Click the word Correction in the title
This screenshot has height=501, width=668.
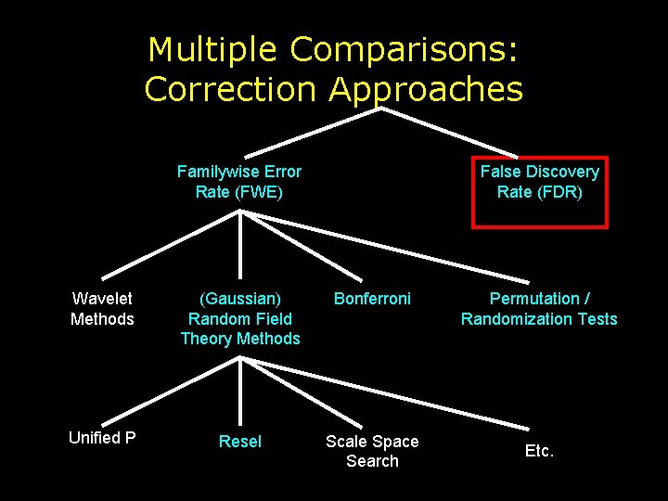click(x=229, y=90)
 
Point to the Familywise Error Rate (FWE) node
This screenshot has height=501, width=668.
click(x=239, y=182)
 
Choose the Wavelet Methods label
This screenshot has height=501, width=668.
click(x=102, y=309)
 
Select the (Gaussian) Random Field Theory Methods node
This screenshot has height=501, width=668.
click(x=240, y=318)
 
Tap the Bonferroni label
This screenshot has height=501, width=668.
click(x=372, y=299)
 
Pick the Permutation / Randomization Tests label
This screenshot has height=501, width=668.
click(x=539, y=309)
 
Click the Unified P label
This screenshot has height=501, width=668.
click(x=102, y=438)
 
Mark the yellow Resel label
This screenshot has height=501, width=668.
click(x=240, y=442)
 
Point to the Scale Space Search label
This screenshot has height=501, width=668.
click(x=372, y=451)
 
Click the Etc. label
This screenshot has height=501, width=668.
click(x=539, y=451)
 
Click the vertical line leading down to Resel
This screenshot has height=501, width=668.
click(x=241, y=394)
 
